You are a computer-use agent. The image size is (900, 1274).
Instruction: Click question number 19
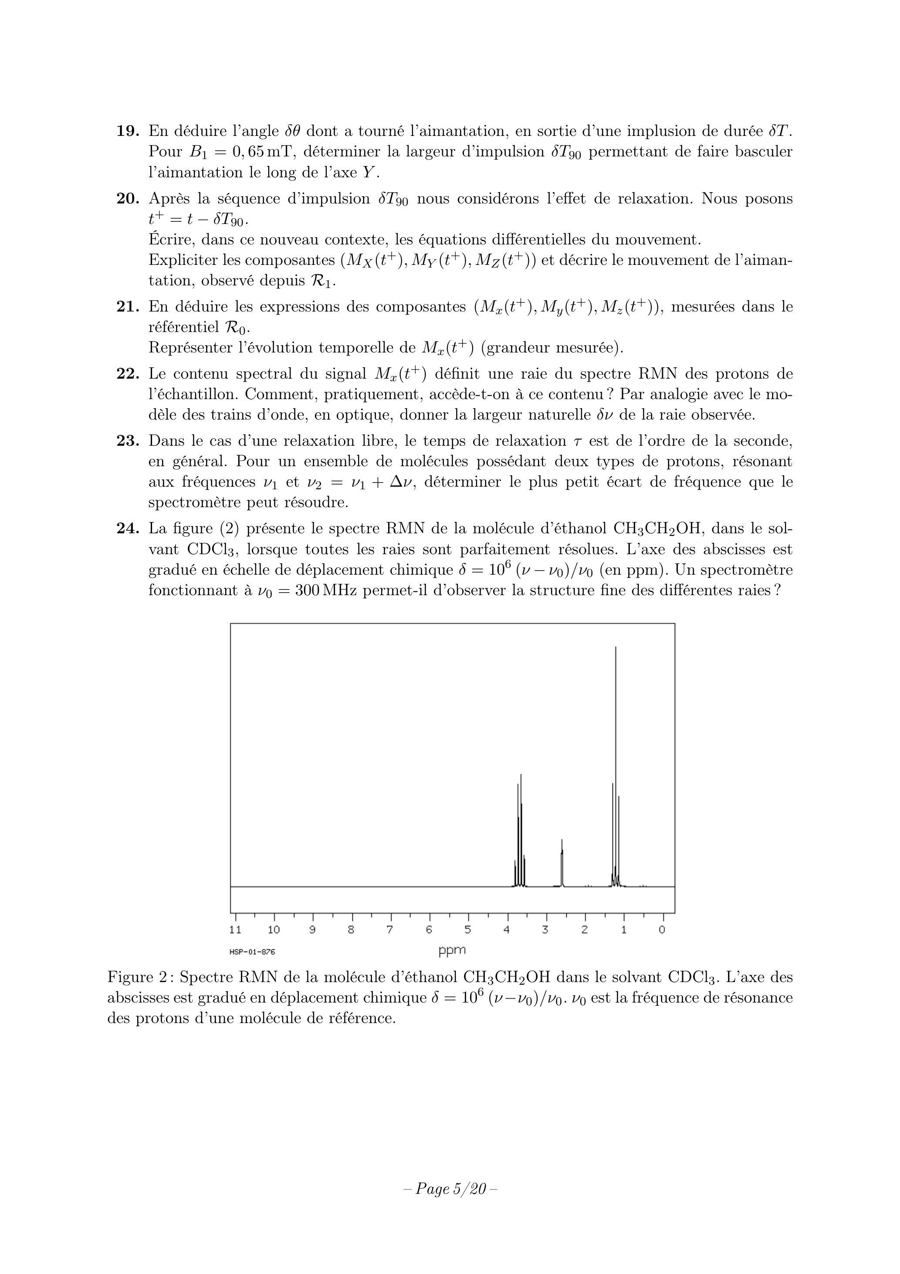click(x=127, y=132)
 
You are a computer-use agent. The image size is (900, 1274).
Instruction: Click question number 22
click(x=127, y=374)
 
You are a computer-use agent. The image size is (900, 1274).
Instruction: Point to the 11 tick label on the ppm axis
click(x=235, y=929)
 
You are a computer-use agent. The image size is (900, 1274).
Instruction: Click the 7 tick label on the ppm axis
click(x=390, y=929)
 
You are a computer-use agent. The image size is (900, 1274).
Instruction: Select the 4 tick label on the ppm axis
click(x=507, y=929)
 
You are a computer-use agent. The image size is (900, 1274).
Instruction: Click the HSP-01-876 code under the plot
click(x=253, y=952)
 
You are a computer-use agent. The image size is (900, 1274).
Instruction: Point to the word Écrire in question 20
click(x=172, y=240)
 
